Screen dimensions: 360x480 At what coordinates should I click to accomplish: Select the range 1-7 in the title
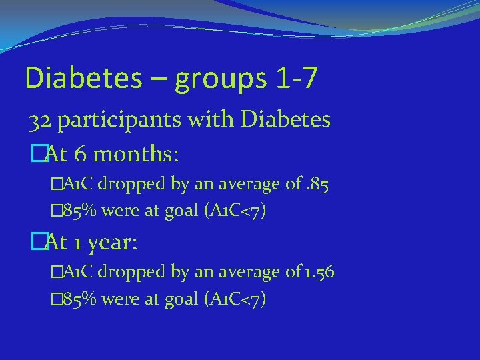click(x=295, y=79)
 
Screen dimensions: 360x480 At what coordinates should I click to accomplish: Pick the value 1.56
click(x=319, y=272)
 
